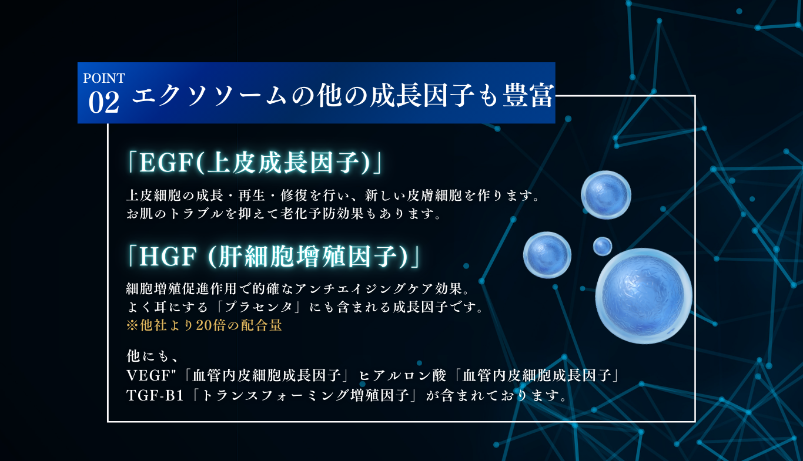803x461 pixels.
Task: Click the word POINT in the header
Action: point(104,78)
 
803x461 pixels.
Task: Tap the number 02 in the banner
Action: point(103,102)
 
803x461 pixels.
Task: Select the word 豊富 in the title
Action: point(528,95)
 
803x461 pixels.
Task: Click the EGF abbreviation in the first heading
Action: point(166,163)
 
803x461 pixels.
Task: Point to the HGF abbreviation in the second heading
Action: point(168,257)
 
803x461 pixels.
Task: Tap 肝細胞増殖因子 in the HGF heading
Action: point(308,257)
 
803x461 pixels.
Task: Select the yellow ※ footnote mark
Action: point(132,325)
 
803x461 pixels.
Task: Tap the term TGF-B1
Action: point(155,395)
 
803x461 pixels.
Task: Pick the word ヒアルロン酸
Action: point(403,375)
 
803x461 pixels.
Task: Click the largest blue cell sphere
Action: point(644,296)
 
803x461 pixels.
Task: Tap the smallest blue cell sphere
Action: point(602,246)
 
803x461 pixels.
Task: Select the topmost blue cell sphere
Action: point(606,195)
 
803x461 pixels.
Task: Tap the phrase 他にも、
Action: point(152,356)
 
